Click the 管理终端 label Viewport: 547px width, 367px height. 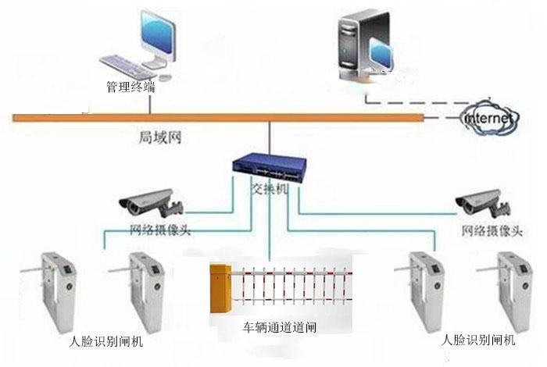[x=130, y=87]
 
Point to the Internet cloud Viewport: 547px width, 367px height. [x=489, y=117]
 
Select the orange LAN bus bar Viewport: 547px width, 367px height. [x=219, y=118]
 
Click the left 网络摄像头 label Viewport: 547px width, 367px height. [x=160, y=230]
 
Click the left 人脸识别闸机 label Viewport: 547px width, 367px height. [x=106, y=341]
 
